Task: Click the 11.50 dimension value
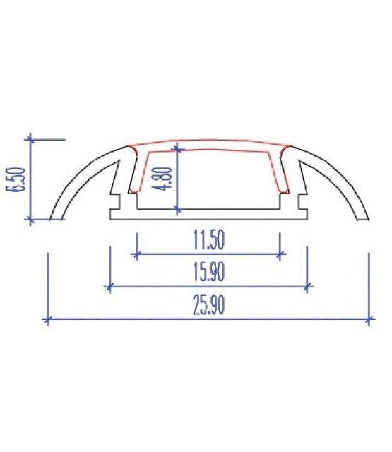[208, 241]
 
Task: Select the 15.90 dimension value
[208, 272]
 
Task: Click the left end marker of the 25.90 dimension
[47, 320]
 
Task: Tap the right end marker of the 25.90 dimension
[369, 320]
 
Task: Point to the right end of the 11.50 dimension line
[280, 254]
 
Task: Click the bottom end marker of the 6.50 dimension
[30, 220]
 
